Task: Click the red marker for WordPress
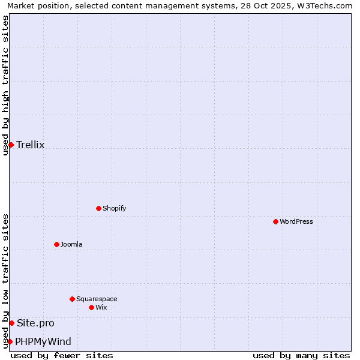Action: pyautogui.click(x=275, y=221)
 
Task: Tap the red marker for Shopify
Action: pyautogui.click(x=98, y=208)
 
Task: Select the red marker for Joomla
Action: pyautogui.click(x=56, y=244)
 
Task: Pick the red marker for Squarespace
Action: pyautogui.click(x=72, y=299)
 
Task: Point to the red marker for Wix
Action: pyautogui.click(x=91, y=307)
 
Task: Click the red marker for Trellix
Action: pyautogui.click(x=11, y=145)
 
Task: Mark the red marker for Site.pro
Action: pyautogui.click(x=11, y=323)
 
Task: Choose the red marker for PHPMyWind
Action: pyautogui.click(x=10, y=341)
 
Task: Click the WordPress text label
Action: pyautogui.click(x=296, y=221)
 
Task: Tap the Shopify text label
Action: pyautogui.click(x=114, y=208)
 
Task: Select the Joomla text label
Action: pyautogui.click(x=71, y=244)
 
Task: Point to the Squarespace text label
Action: pyautogui.click(x=97, y=299)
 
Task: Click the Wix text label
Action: pyautogui.click(x=101, y=307)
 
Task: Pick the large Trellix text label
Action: pyautogui.click(x=31, y=145)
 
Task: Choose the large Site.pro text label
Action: pyautogui.click(x=35, y=323)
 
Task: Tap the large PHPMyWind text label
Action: pyautogui.click(x=43, y=341)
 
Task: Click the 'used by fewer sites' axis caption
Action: pyautogui.click(x=62, y=355)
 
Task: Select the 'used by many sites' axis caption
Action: pyautogui.click(x=301, y=355)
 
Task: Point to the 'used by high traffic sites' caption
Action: pyautogui.click(x=5, y=85)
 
